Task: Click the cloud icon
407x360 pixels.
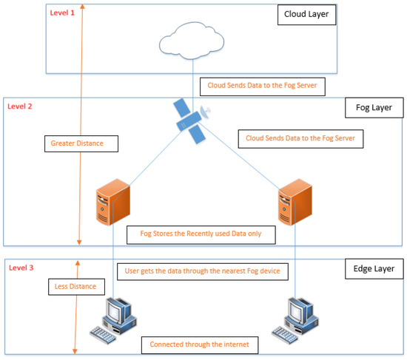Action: (x=192, y=41)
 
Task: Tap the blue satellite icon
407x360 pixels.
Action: (x=192, y=121)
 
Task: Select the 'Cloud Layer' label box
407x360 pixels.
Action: (x=306, y=14)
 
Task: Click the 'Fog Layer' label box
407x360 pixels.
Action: (x=374, y=108)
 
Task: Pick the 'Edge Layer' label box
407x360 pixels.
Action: (x=374, y=268)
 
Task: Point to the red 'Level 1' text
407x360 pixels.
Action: (x=62, y=13)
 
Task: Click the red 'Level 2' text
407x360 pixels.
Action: (x=20, y=106)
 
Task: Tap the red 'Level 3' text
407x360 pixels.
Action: (x=21, y=268)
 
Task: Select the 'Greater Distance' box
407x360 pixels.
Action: (x=81, y=143)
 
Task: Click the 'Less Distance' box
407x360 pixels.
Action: (x=76, y=287)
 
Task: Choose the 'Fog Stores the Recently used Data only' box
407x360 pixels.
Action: (x=201, y=235)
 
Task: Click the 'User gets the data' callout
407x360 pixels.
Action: (x=203, y=272)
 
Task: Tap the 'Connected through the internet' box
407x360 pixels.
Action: (x=200, y=345)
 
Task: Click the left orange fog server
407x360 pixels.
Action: (x=113, y=202)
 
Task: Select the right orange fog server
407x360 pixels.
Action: (x=295, y=202)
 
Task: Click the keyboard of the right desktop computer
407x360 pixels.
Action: (x=285, y=335)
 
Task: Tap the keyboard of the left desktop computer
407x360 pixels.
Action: (x=103, y=335)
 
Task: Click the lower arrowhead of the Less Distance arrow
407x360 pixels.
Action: (x=75, y=351)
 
